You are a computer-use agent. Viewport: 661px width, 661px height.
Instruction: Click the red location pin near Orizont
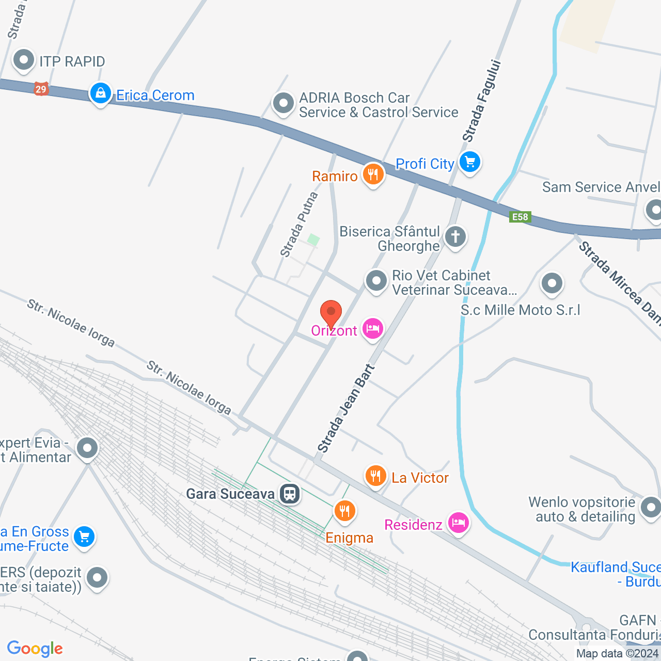pyautogui.click(x=331, y=313)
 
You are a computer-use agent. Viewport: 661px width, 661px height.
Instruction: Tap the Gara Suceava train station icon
pyautogui.click(x=290, y=494)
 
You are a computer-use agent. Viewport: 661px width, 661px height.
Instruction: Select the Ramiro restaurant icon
pyautogui.click(x=373, y=175)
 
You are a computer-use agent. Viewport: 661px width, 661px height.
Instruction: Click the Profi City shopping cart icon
pyautogui.click(x=469, y=163)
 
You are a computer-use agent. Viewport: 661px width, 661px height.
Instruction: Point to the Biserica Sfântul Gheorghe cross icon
pyautogui.click(x=455, y=237)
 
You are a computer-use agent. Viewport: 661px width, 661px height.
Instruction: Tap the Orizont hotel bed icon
pyautogui.click(x=373, y=328)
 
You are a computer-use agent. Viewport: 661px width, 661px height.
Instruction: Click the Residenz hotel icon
pyautogui.click(x=458, y=523)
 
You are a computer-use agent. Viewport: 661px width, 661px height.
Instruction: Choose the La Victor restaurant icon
pyautogui.click(x=376, y=476)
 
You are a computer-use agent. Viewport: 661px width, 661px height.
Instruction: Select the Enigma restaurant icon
pyautogui.click(x=344, y=511)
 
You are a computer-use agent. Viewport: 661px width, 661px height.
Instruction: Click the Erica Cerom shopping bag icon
pyautogui.click(x=101, y=93)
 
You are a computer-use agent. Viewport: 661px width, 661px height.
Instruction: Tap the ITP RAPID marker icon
pyautogui.click(x=23, y=60)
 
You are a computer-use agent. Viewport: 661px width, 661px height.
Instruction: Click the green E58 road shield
pyautogui.click(x=520, y=217)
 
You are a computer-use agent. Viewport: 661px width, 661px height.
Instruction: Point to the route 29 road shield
pyautogui.click(x=41, y=89)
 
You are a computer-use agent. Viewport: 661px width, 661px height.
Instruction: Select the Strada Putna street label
pyautogui.click(x=299, y=225)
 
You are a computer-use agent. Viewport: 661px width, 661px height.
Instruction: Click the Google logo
pyautogui.click(x=35, y=649)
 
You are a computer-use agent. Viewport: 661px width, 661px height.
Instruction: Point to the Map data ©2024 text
pyautogui.click(x=617, y=653)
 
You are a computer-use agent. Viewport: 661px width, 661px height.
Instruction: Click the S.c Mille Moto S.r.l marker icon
pyautogui.click(x=552, y=283)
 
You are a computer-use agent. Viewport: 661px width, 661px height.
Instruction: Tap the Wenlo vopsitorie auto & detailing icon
pyautogui.click(x=651, y=507)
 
